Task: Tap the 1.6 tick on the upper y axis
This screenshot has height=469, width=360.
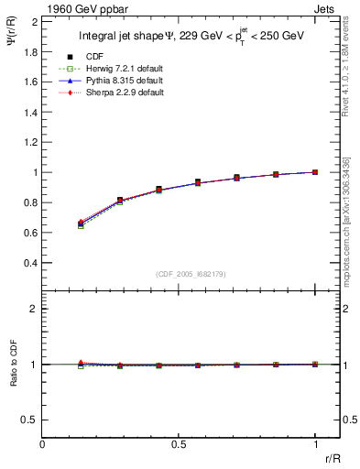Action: (30, 82)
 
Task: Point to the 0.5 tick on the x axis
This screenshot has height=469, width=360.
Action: (178, 445)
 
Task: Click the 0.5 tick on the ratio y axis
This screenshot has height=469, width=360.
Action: (31, 420)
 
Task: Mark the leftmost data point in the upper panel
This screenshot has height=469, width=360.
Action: (81, 224)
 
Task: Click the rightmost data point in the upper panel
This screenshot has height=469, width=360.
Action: (315, 171)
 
